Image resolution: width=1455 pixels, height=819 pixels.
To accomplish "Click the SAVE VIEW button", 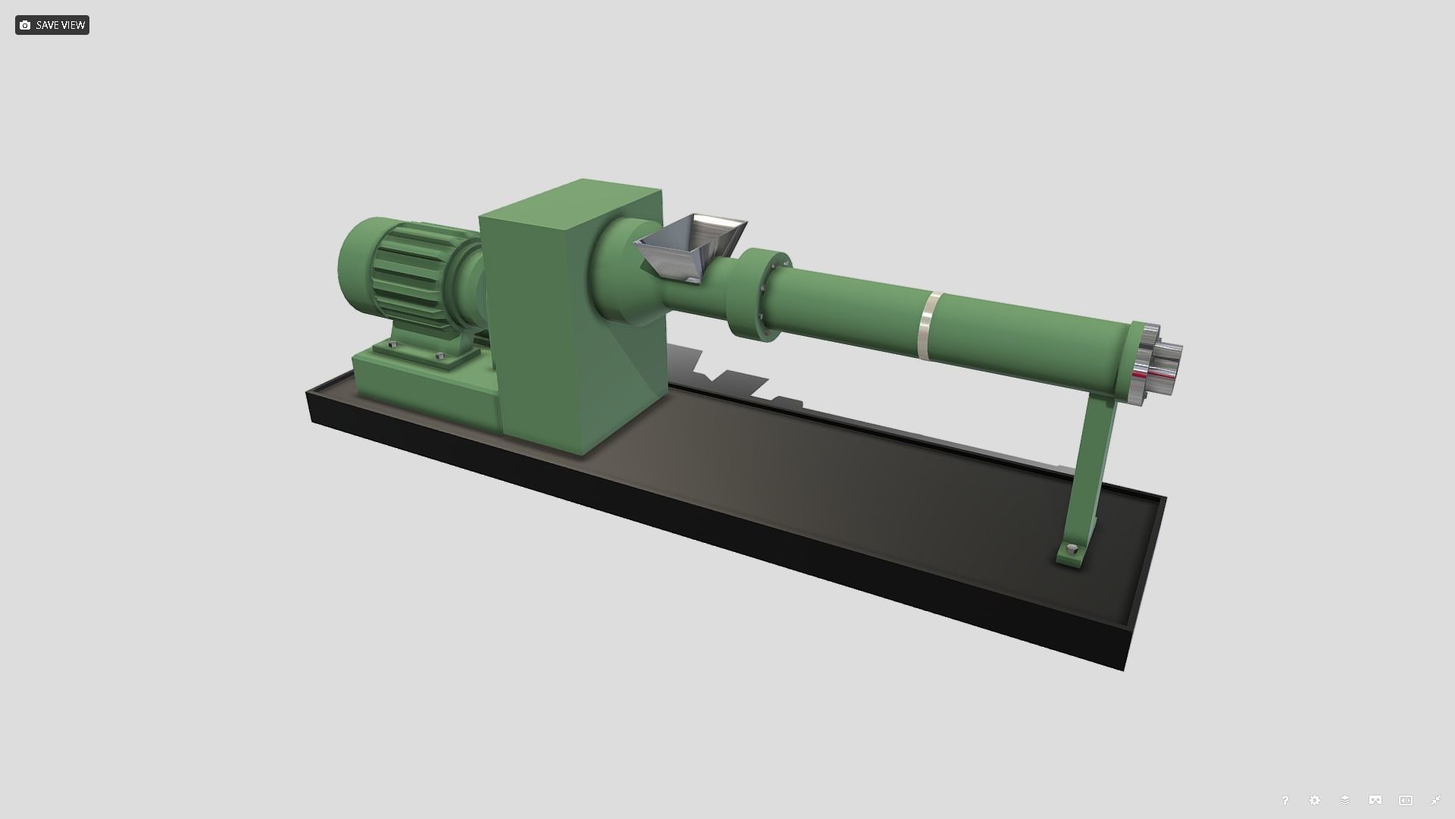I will click(52, 25).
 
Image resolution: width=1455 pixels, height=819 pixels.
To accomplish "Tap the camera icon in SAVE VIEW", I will click(25, 25).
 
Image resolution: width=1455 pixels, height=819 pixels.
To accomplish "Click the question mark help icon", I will click(1284, 801).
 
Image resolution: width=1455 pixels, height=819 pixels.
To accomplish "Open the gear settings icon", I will click(1315, 801).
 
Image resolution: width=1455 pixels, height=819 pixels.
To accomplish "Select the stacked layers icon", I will click(1345, 801).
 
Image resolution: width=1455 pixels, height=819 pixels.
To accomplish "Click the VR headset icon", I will click(1375, 801).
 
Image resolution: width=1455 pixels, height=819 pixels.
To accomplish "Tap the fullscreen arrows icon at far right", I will click(1436, 801).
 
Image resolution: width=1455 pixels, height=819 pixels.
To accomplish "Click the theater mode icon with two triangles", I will click(1406, 801).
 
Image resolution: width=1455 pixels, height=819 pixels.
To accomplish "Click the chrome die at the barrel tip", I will click(1159, 362).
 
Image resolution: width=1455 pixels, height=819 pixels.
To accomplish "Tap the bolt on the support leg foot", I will click(1071, 549).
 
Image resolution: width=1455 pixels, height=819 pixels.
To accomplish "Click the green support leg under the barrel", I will click(1091, 470).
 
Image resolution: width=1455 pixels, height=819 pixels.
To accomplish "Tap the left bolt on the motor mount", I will click(392, 345).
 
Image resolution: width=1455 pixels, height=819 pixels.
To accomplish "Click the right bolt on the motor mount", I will click(440, 355).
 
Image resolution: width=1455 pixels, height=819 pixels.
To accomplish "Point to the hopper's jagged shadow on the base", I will click(727, 379).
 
